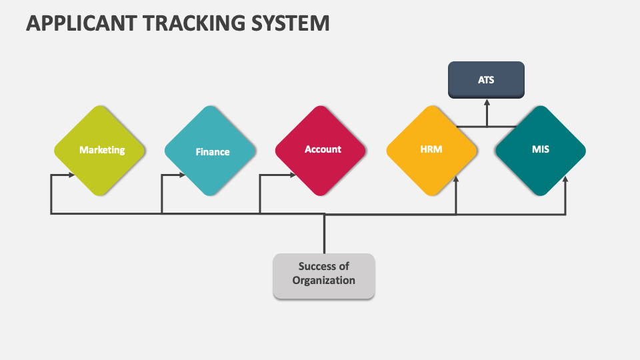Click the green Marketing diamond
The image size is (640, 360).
[99, 151]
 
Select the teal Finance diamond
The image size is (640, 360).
[210, 151]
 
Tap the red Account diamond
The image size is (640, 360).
[321, 151]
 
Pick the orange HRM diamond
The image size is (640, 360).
[432, 151]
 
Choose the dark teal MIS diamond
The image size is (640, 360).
[541, 151]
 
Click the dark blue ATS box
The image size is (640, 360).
[486, 80]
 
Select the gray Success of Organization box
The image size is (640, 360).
[324, 276]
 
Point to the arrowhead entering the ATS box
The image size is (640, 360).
[487, 103]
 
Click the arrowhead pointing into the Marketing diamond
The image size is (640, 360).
[72, 175]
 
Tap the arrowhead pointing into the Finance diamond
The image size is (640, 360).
[183, 175]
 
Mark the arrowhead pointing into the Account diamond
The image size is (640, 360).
[293, 175]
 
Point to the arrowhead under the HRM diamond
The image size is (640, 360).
[456, 179]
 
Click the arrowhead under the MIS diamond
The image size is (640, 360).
[565, 179]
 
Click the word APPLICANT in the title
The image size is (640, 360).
[81, 23]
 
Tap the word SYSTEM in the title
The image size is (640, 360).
[290, 23]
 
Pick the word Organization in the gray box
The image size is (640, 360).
[324, 281]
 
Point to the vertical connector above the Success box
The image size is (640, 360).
[325, 233]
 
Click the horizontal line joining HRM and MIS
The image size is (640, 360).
[487, 127]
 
